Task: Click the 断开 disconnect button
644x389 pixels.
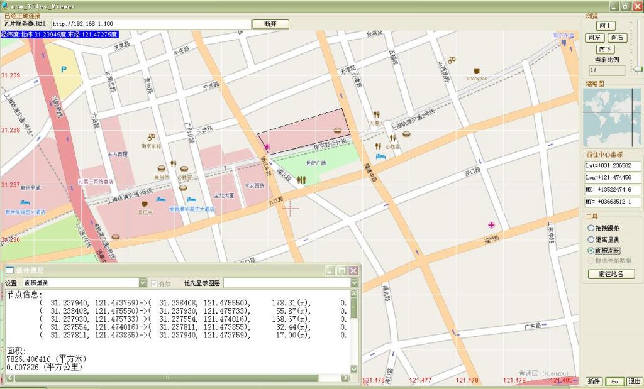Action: coord(270,24)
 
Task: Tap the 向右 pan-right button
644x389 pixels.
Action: coord(617,38)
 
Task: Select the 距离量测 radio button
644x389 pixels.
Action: coord(591,239)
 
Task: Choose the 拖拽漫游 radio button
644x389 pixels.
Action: coord(591,228)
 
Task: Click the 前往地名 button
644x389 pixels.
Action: coord(611,274)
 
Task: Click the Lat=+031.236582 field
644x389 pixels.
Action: coord(613,166)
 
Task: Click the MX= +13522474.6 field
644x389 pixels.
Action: coord(613,190)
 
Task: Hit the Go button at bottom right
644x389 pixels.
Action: coord(614,381)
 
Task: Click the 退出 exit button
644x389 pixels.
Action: coord(634,381)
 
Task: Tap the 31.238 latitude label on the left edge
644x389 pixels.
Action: coord(11,130)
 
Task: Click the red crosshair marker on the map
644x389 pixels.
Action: coord(290,210)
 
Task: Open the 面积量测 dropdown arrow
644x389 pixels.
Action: coord(142,283)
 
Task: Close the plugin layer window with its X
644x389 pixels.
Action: coord(353,270)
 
